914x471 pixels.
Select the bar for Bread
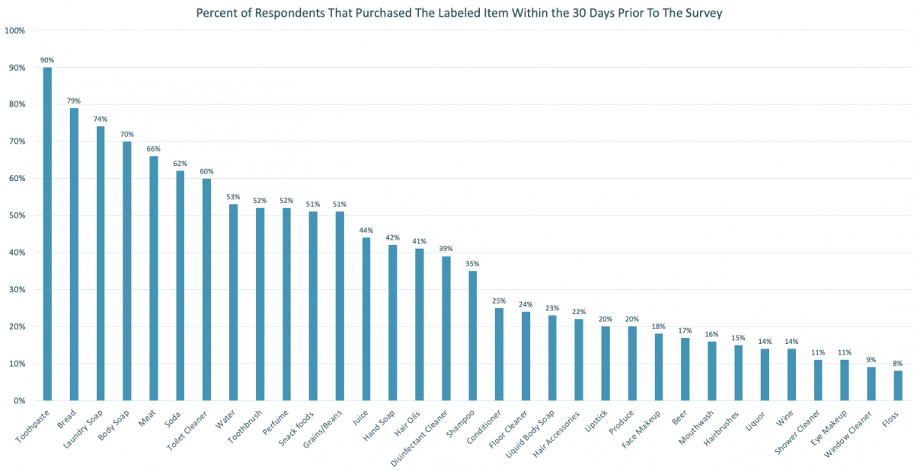(x=74, y=254)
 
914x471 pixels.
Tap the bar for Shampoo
(x=472, y=336)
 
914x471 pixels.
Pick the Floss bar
(x=898, y=385)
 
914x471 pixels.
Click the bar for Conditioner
(x=499, y=354)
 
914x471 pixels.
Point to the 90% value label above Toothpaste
(x=47, y=60)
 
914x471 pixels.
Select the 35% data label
(x=472, y=264)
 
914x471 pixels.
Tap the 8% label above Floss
(x=898, y=364)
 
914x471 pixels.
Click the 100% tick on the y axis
(x=15, y=30)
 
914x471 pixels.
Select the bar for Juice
(x=366, y=319)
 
